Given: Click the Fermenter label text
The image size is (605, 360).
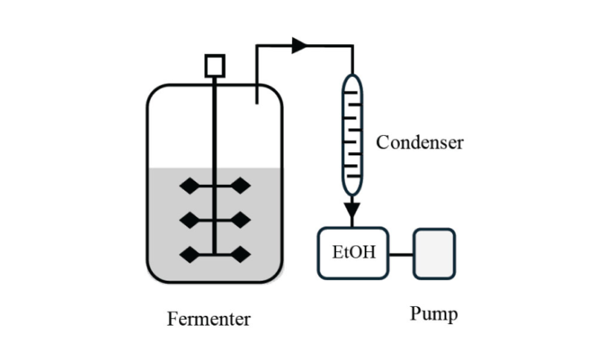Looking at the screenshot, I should click(208, 319).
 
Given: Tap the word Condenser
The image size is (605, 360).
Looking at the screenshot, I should click(419, 142).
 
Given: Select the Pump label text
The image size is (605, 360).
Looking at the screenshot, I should click(433, 313).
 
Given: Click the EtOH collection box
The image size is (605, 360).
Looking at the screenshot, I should click(352, 253).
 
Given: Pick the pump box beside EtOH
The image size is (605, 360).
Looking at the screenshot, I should click(434, 254).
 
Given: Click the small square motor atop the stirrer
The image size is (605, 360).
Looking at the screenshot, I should click(214, 65).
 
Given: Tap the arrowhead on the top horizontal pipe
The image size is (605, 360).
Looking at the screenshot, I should click(299, 46).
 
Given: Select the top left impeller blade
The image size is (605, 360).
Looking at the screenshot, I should click(189, 187).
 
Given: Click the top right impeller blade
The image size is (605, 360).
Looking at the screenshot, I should click(240, 187).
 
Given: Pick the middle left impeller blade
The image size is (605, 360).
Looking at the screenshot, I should click(189, 220).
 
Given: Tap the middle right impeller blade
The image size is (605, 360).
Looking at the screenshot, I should click(240, 220).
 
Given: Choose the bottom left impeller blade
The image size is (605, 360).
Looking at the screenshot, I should click(189, 254).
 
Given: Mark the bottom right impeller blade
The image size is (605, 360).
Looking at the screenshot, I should click(240, 254).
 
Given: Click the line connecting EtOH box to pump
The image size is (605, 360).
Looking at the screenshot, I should click(401, 254).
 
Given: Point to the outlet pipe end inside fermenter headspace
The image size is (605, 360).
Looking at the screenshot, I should click(257, 101).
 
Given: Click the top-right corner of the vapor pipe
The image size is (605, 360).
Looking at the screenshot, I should click(352, 47).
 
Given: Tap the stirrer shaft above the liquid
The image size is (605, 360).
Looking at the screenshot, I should click(214, 123).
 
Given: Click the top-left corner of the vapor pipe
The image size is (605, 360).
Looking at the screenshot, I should click(257, 47).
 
